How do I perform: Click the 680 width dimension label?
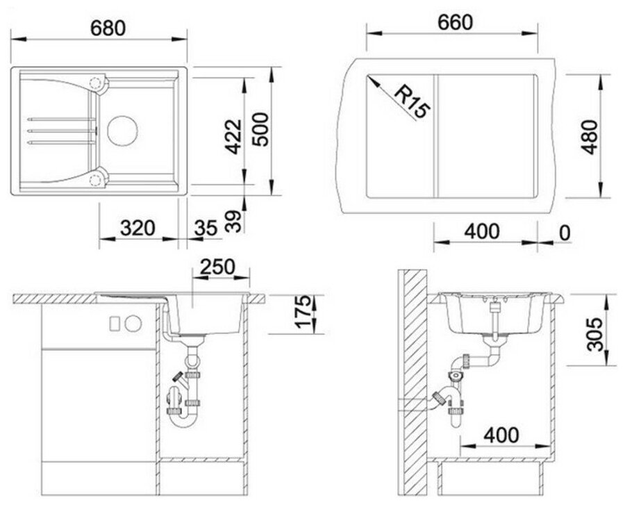(x=108, y=28)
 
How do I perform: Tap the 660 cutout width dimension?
(x=455, y=22)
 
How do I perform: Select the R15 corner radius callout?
(x=412, y=102)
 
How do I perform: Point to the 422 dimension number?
(x=233, y=136)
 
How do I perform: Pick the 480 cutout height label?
(x=590, y=137)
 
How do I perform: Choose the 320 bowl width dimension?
(x=137, y=228)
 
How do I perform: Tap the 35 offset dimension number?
(x=206, y=228)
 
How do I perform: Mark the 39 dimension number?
(x=233, y=221)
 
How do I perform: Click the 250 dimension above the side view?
(x=217, y=267)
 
